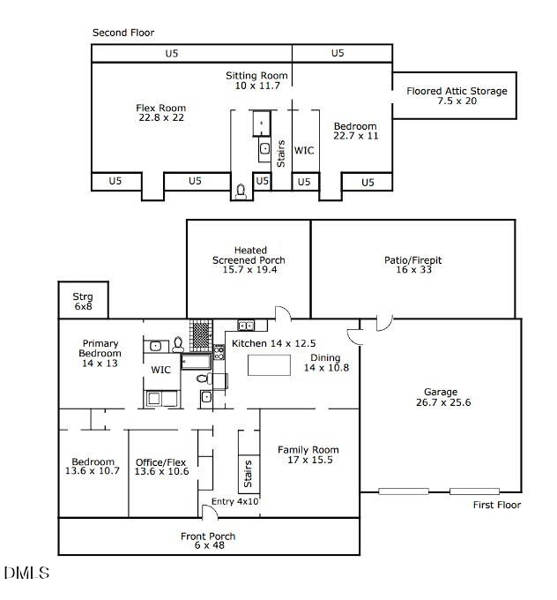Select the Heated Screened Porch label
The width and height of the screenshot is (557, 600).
point(249,260)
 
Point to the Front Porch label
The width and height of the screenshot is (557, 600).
point(209,541)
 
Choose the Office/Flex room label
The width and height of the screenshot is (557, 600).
point(162,467)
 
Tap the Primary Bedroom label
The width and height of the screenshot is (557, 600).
point(100,353)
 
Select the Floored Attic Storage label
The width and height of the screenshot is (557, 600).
point(457,95)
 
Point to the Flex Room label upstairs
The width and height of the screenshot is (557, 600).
point(161,113)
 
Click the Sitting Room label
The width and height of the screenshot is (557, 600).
point(257,80)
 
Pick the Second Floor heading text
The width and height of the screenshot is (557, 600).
point(123,33)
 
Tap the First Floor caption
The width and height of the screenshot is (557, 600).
point(497,506)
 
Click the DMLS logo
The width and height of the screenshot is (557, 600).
point(26,574)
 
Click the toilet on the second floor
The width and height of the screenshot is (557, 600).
point(241,190)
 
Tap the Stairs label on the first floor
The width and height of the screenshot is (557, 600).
point(248,475)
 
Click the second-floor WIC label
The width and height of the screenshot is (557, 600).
point(304,151)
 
